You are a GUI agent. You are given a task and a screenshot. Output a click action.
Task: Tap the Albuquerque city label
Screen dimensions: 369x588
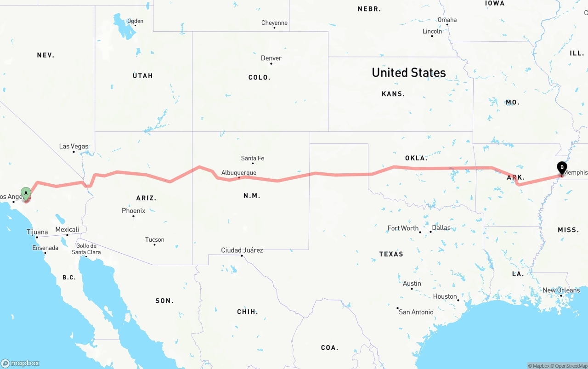[x=239, y=173]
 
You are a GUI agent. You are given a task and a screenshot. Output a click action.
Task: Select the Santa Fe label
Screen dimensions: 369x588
[x=253, y=159]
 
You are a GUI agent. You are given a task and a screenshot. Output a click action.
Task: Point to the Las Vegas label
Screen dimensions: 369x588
[x=73, y=146]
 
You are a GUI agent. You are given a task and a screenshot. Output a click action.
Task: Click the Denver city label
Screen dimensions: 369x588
[x=271, y=58]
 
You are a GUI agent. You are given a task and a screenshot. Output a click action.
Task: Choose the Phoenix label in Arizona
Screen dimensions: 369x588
[x=133, y=210]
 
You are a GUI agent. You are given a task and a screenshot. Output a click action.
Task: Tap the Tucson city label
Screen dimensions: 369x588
[x=154, y=239]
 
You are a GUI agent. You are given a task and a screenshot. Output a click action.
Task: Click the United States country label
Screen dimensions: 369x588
[x=408, y=73]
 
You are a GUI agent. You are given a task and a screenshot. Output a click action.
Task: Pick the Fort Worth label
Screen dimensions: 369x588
[x=403, y=228]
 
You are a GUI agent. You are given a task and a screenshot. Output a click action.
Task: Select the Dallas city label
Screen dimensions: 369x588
[x=441, y=227]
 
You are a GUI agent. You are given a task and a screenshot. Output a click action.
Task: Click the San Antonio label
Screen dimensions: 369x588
[x=416, y=312]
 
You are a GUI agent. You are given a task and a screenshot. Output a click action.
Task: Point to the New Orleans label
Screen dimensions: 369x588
[x=561, y=290]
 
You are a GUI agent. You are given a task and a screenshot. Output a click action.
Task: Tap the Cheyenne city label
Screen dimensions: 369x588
[x=274, y=23]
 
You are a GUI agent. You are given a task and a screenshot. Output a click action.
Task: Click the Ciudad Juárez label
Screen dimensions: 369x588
[x=242, y=250]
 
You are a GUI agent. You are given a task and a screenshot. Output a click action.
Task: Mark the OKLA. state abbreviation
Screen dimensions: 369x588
[x=416, y=158]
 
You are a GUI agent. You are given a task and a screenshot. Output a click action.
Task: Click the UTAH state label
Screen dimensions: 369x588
[x=142, y=76]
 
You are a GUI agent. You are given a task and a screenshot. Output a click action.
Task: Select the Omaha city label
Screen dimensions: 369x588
[x=447, y=20]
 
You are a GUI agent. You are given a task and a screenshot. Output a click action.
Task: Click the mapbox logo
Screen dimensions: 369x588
[x=20, y=363]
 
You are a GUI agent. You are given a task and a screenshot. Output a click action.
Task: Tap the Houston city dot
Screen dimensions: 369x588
[x=458, y=300]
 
